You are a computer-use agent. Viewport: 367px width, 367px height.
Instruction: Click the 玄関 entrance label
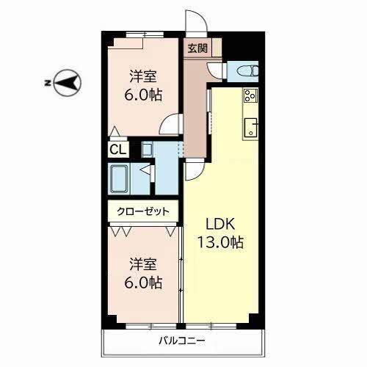[x=197, y=48]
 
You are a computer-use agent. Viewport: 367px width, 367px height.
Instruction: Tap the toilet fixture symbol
[x=247, y=71]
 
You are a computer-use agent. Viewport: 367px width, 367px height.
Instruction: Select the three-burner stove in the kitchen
[x=250, y=95]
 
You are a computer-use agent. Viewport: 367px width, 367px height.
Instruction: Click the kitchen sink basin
[x=251, y=128]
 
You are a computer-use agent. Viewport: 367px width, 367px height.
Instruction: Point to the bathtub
[x=119, y=179]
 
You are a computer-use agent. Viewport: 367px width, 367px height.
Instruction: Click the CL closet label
[x=117, y=149]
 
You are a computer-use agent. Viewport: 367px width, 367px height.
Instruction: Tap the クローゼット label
[x=143, y=211]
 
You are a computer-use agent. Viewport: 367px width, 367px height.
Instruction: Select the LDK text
[x=220, y=223]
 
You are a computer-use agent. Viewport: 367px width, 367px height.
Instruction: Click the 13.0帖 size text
[x=220, y=242]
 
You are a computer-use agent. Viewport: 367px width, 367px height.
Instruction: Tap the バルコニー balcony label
[x=182, y=341]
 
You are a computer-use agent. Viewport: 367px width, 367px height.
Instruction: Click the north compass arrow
[x=67, y=83]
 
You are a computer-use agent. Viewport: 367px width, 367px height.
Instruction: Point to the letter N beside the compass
[x=47, y=83]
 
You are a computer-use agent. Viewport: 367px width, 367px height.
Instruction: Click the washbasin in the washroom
[x=148, y=150]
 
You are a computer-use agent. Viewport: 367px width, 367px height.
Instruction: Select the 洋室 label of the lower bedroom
[x=143, y=264]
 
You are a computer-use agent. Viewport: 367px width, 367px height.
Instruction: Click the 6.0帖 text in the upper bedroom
[x=143, y=95]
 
